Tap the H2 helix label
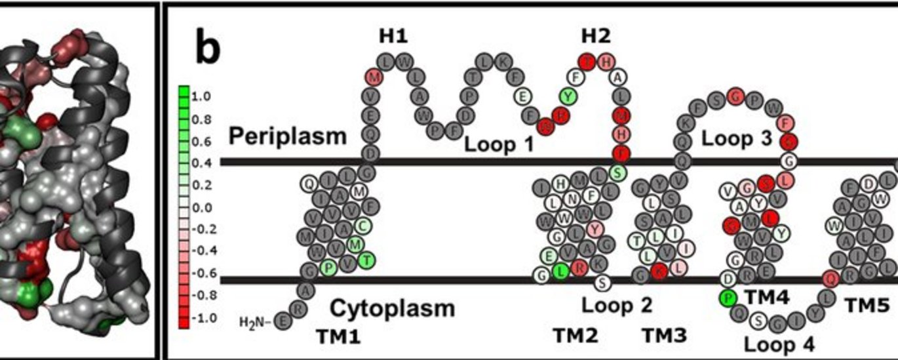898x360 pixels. (596, 36)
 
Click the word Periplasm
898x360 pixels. (287, 136)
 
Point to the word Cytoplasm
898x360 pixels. (391, 308)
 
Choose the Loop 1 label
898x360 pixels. (499, 144)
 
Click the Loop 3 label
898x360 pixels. (735, 138)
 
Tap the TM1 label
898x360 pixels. (338, 336)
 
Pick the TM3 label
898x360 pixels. (664, 336)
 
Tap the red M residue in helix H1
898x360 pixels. (373, 78)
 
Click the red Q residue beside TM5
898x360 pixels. (830, 279)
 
